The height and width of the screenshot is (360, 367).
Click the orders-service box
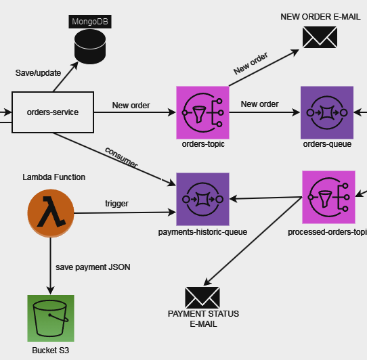point(53,112)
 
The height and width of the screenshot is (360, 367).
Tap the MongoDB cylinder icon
point(90,47)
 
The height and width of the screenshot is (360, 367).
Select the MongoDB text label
point(90,22)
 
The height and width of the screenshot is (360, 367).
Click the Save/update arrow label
point(38,73)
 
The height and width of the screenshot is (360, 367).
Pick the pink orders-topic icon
point(202,112)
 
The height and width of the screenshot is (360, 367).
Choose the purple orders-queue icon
point(327,112)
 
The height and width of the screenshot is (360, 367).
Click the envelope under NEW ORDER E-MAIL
point(320,37)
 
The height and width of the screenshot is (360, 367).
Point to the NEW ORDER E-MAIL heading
point(320,17)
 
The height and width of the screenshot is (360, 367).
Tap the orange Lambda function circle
point(51,213)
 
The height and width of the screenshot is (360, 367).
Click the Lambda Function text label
point(54,177)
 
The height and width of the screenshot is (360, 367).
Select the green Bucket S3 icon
point(51,318)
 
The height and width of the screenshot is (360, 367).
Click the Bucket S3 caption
point(51,351)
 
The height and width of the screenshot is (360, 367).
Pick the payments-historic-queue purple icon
point(202,200)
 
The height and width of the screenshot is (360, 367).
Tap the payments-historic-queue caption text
point(202,232)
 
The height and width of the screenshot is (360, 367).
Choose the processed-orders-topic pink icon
point(328,197)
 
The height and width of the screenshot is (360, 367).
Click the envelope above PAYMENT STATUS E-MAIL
point(202,298)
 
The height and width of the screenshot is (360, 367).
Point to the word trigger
point(116,204)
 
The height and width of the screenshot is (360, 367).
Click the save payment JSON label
point(93,267)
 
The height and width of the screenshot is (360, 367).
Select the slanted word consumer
point(121,158)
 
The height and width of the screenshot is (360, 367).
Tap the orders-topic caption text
point(203,144)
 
